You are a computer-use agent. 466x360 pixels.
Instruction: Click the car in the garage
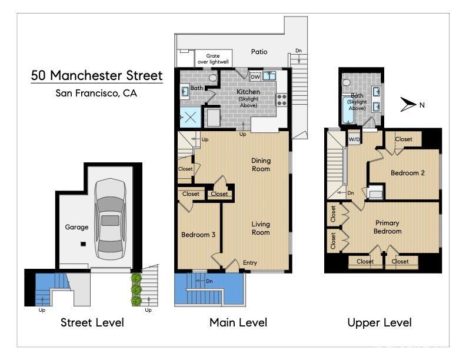click(110, 219)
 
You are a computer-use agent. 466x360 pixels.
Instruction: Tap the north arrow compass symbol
click(408, 105)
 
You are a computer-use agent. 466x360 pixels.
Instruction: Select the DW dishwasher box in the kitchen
click(255, 77)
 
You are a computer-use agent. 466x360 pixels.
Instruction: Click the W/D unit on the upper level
click(354, 139)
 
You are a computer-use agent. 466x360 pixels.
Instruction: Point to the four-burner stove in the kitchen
click(282, 100)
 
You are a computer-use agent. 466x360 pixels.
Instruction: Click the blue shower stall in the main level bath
click(190, 118)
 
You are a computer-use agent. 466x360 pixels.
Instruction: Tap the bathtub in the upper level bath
click(347, 110)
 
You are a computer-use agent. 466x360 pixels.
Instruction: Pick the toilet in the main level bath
click(213, 78)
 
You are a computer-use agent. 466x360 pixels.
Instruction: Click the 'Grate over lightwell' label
click(213, 59)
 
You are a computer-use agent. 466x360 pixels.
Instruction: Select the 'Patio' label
click(259, 52)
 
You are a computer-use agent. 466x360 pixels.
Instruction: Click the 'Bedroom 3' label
click(198, 235)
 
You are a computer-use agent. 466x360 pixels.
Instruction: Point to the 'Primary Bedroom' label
click(387, 227)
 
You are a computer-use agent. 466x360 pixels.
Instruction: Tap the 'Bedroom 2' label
click(407, 173)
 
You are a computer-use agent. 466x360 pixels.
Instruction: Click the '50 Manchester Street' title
click(97, 75)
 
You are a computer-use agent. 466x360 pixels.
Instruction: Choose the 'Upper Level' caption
click(380, 322)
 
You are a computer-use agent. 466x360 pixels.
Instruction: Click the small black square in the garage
click(83, 244)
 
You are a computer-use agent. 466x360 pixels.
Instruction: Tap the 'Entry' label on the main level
click(250, 262)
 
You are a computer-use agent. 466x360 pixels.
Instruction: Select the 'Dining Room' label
click(261, 165)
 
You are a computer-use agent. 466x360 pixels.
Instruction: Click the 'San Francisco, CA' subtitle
click(96, 94)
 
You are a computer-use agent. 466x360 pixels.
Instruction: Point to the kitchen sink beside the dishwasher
click(269, 76)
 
